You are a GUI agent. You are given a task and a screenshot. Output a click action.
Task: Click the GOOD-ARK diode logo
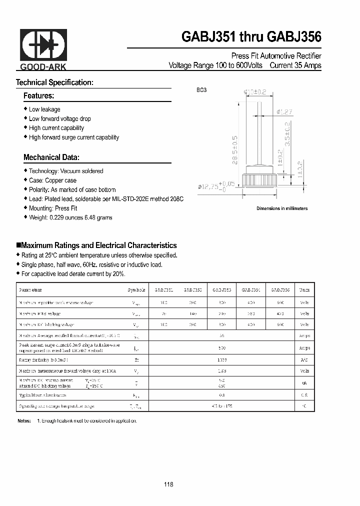point(43,46)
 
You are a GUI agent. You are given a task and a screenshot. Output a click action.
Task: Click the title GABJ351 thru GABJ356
point(251,37)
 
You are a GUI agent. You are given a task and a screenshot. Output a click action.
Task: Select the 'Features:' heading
point(38,95)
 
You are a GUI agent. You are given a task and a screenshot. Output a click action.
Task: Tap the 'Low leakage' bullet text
point(44,109)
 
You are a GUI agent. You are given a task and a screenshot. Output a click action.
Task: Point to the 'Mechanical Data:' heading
point(51,157)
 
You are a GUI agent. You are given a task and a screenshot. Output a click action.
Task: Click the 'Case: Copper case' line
point(52,180)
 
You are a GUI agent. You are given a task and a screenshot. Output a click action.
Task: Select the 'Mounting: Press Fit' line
point(53,208)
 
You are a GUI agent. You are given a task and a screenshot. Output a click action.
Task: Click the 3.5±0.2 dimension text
point(287,133)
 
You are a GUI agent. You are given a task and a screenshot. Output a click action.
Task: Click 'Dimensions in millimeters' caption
point(282,208)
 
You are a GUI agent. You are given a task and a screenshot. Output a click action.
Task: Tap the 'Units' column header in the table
point(304,290)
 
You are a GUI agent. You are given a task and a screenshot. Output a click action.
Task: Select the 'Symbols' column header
point(136,290)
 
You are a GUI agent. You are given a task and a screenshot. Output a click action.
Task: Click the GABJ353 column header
point(222,290)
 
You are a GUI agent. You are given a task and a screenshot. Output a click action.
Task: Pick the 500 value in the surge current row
point(222,348)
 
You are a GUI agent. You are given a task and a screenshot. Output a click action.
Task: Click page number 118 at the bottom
point(168,484)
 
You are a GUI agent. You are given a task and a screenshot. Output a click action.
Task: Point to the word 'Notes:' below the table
point(24,420)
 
